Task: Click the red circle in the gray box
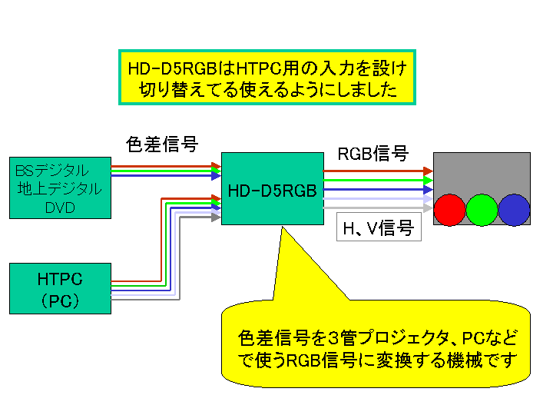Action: (x=449, y=210)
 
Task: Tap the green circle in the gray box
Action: (x=482, y=210)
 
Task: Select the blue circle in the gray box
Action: (x=514, y=210)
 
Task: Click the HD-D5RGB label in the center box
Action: (x=272, y=191)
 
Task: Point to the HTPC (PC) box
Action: (x=61, y=289)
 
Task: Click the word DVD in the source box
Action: (x=60, y=207)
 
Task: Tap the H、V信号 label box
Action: (x=379, y=227)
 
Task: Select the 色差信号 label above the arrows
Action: (x=162, y=144)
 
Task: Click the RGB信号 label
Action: (x=373, y=154)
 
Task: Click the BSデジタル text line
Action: (x=52, y=171)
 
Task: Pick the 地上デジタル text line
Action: (x=60, y=189)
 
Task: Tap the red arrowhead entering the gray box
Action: (x=428, y=171)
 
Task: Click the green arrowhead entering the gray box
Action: (x=428, y=181)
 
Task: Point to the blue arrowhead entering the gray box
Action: (x=428, y=190)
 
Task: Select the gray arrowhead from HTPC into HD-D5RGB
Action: (x=216, y=217)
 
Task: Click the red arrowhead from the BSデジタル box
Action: (x=216, y=166)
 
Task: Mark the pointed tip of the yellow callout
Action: (x=282, y=227)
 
